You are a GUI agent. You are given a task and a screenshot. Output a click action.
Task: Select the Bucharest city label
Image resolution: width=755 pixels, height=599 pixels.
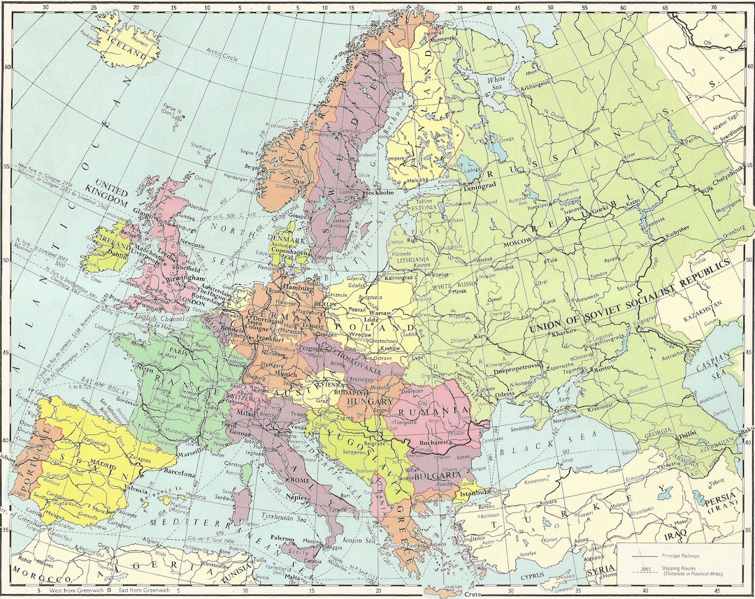point(438,442)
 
